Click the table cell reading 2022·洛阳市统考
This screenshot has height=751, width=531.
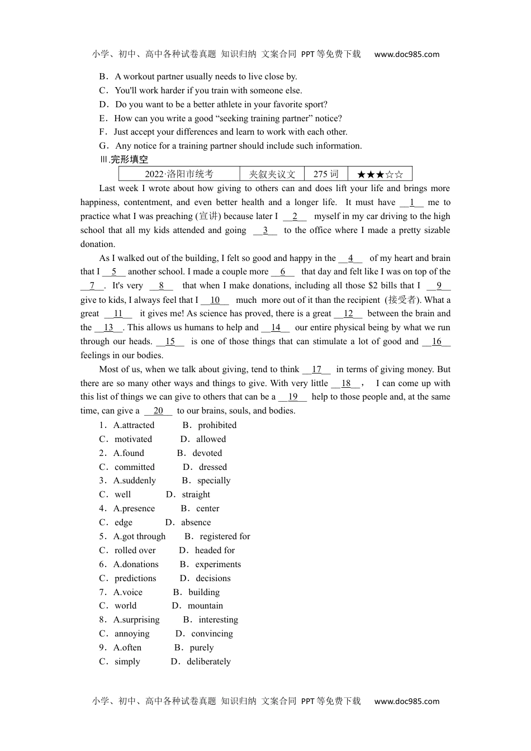tap(179, 174)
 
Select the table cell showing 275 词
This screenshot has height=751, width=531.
tap(326, 174)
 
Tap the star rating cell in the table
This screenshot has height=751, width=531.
tap(380, 174)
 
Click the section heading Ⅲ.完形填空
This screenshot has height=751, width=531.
tap(124, 160)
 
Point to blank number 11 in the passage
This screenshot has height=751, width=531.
tap(118, 314)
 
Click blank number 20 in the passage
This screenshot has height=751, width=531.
tap(158, 411)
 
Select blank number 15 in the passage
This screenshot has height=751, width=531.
tap(170, 342)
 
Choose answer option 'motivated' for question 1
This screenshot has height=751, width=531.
tap(133, 439)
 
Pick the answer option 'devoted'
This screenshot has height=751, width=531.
tap(207, 453)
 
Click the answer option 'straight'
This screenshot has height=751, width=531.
tap(196, 495)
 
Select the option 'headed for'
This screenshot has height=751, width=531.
tap(215, 550)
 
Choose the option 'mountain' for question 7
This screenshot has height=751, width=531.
tap(205, 606)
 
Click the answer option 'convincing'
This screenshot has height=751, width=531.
tap(212, 634)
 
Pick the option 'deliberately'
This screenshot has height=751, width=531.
tap(208, 662)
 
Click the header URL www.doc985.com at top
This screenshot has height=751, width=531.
tap(406, 54)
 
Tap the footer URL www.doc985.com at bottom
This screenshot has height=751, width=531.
tap(406, 701)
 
